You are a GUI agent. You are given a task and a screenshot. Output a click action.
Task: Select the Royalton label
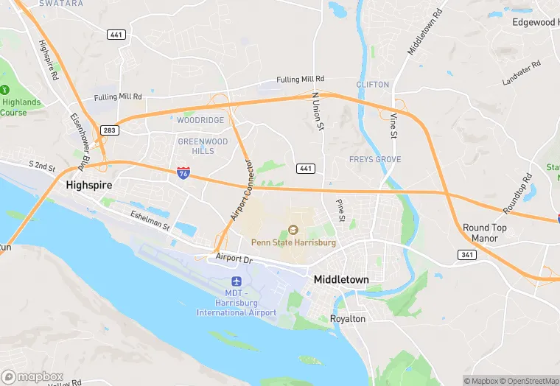pyautogui.click(x=349, y=319)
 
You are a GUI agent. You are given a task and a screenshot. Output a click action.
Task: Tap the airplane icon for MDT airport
pyautogui.click(x=237, y=281)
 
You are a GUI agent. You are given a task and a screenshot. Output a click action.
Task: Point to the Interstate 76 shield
pyautogui.click(x=183, y=174)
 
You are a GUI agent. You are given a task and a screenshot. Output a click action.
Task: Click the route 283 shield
pyautogui.click(x=109, y=130)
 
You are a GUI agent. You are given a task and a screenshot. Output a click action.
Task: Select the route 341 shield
pyautogui.click(x=465, y=255)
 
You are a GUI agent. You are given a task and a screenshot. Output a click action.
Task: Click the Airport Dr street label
pyautogui.click(x=234, y=258)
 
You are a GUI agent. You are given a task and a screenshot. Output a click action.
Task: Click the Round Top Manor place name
pyautogui.click(x=484, y=233)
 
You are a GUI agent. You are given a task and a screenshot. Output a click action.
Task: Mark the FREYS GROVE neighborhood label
pyautogui.click(x=375, y=159)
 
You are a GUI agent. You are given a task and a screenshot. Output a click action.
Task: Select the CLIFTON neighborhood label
pyautogui.click(x=372, y=85)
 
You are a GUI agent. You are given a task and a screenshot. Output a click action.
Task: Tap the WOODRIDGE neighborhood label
pyautogui.click(x=200, y=120)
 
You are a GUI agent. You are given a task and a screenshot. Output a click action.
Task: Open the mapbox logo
pyautogui.click(x=32, y=376)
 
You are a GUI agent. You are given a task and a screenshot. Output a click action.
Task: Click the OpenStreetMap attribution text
pyautogui.click(x=529, y=381)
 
